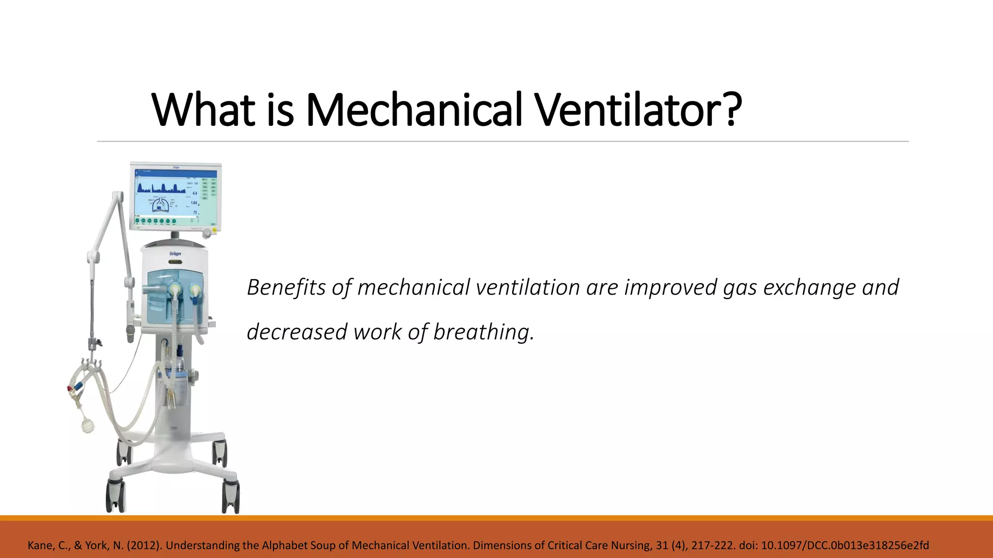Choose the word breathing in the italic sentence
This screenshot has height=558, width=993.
pos(483,332)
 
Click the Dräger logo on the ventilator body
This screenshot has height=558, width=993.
pos(175,253)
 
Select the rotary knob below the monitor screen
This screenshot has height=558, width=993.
pos(208,233)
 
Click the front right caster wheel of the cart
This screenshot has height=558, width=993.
pos(231,496)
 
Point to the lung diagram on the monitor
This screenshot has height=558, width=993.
pos(160,204)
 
